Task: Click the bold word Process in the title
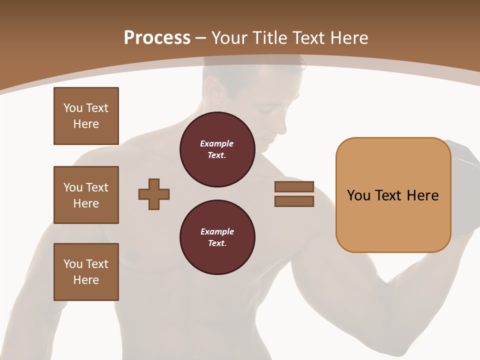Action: coord(157,38)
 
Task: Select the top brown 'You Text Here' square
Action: coord(86,116)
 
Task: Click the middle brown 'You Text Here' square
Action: coord(86,195)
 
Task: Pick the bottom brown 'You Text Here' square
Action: coord(86,272)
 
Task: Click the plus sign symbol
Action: coord(154,194)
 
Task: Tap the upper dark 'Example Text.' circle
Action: coord(217,149)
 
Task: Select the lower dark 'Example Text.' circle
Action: coord(217,237)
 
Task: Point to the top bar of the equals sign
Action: coord(294,186)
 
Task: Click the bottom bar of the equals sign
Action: coord(294,201)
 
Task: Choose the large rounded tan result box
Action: coord(393,195)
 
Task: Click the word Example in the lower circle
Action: coord(217,231)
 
